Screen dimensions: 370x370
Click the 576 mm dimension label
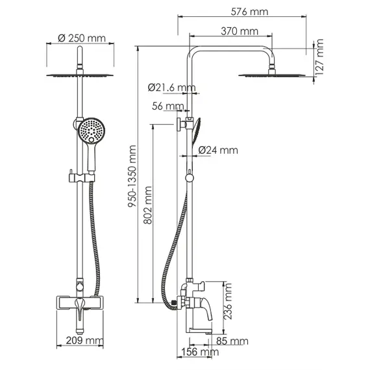(249, 12)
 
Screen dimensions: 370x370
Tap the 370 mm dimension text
(240, 31)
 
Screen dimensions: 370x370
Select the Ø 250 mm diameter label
(82, 38)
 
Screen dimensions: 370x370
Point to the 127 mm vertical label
(319, 57)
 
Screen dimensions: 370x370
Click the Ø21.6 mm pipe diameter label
(172, 88)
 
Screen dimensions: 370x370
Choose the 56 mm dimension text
(167, 106)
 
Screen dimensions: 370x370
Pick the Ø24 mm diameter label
(218, 150)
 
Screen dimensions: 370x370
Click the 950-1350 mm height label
(132, 177)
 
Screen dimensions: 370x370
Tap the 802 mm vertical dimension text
(148, 205)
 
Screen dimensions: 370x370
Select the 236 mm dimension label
(228, 302)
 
